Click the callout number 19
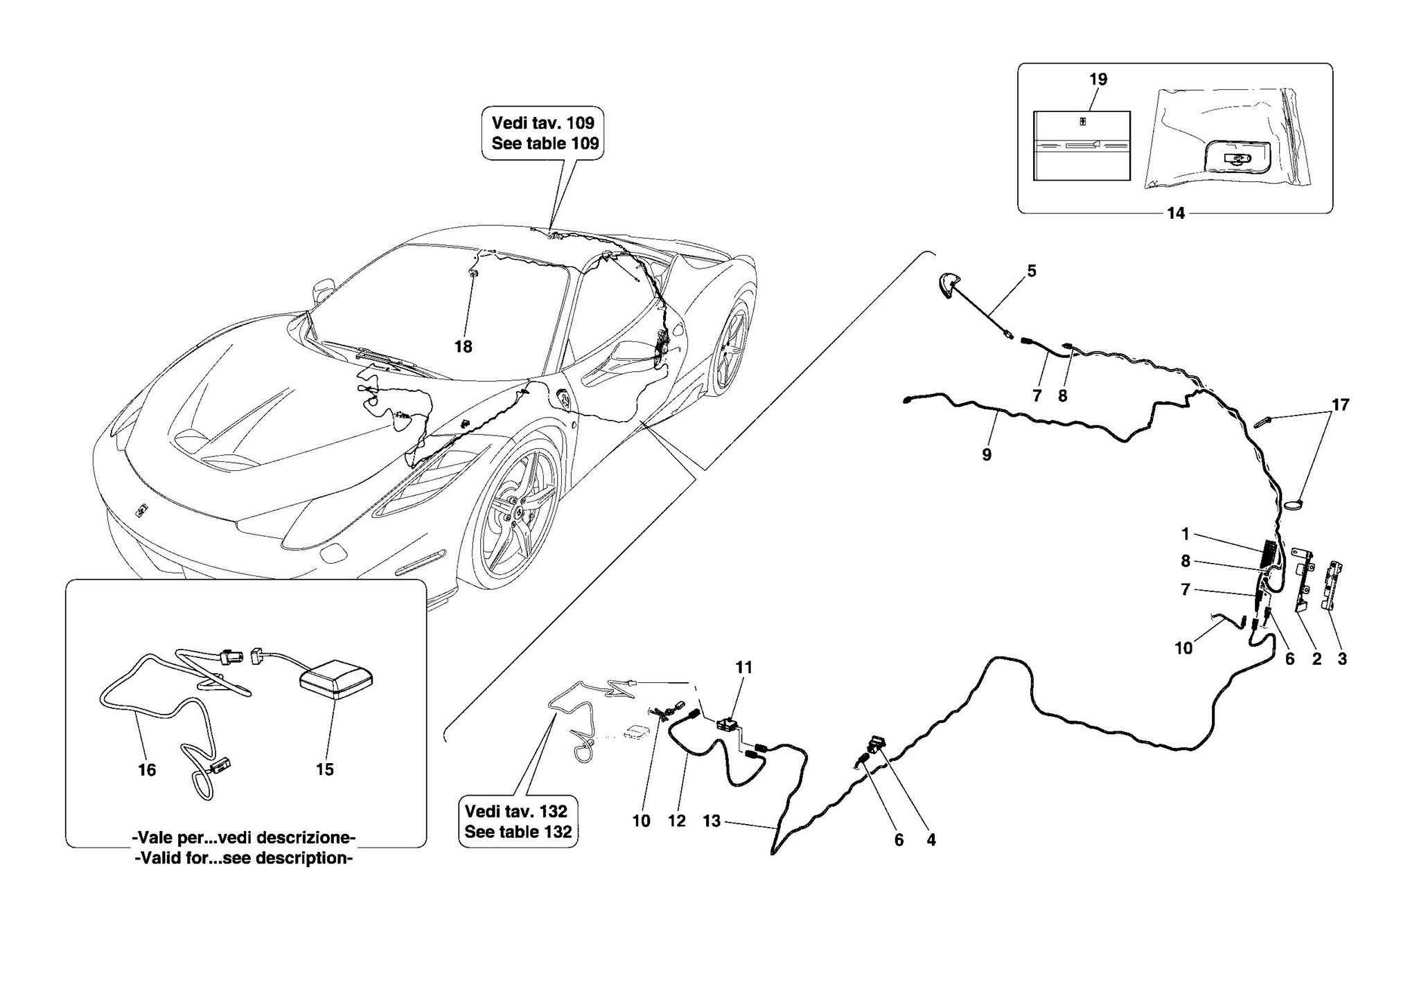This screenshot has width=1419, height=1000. tap(1098, 80)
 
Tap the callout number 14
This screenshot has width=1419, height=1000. tap(1176, 213)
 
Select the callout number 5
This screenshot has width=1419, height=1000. tap(1032, 271)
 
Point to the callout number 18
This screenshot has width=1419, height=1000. tap(463, 346)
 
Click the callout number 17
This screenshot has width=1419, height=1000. tap(1341, 405)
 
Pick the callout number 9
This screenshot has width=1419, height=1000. tap(987, 455)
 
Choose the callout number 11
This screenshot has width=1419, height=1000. tap(743, 668)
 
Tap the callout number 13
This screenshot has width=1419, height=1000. tap(712, 821)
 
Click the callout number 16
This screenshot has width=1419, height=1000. tap(147, 769)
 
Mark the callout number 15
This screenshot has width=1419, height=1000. tap(325, 769)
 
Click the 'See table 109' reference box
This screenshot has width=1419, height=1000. tap(543, 134)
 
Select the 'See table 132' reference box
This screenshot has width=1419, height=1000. tap(518, 821)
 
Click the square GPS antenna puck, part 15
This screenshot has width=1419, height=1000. tap(336, 678)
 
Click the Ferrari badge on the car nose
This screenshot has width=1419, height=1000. tap(141, 511)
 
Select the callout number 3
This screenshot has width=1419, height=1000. tap(1342, 659)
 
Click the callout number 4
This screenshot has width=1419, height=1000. tap(931, 840)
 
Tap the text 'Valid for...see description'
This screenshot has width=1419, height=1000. tap(244, 859)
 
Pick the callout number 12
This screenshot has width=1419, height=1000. tap(676, 821)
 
